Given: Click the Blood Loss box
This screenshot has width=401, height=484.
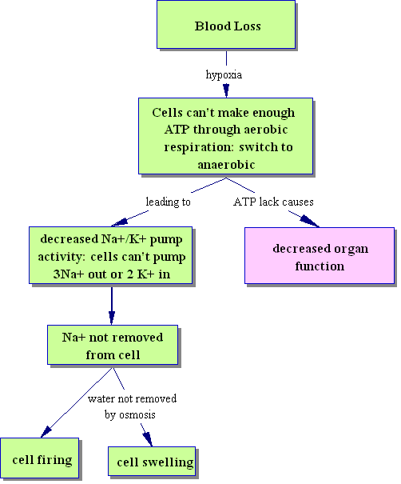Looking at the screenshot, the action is pos(226,24).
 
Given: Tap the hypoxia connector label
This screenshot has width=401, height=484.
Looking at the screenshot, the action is pos(224,74).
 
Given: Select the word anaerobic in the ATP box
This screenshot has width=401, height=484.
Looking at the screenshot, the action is pos(226,165).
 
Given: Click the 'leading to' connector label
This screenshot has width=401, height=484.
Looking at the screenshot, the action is pos(169,202).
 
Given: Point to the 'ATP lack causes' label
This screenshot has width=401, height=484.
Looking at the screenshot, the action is pos(273,202).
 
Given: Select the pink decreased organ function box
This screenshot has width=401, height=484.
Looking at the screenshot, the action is pos(320,255).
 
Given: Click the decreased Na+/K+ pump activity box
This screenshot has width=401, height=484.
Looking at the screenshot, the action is pos(111,255).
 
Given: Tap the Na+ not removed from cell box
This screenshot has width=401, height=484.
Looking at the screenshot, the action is pos(113,345).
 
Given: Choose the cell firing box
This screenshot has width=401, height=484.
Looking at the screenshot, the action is pos(39,458).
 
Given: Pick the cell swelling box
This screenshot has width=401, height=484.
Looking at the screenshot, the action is pos(152,461).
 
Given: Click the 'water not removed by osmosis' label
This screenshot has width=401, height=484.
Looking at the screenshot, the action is pos(132,406).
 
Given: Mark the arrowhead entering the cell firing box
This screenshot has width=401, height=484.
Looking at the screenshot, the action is pos(46,431).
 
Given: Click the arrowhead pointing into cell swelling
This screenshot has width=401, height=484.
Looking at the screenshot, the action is pos(148,439).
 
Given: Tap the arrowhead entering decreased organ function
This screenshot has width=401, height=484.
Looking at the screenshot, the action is pos(309,221).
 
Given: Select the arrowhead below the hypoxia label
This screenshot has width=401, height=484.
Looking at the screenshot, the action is pos(226,90).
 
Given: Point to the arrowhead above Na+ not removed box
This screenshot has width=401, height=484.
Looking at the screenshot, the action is pos(112,318).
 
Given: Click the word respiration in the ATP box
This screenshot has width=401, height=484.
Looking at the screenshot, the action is pos(198,147).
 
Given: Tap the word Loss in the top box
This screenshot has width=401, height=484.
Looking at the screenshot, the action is pos(247,26).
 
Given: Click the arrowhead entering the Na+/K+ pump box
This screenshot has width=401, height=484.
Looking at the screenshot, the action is pos(120,222).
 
